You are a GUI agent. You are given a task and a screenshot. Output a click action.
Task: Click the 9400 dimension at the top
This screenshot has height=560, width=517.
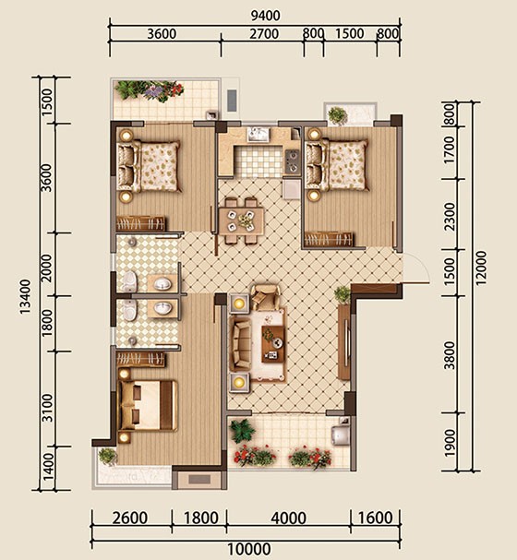(266, 16)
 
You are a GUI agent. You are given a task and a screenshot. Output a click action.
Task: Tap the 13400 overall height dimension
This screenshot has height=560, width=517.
(25, 297)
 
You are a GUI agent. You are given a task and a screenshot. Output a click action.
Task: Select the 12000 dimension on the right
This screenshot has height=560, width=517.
(481, 268)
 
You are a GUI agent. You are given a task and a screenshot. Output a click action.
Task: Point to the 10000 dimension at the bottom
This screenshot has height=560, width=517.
(249, 549)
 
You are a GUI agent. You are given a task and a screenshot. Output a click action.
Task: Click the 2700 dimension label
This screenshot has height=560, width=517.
(264, 34)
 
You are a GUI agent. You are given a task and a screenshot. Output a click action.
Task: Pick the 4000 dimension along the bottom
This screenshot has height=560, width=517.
(288, 518)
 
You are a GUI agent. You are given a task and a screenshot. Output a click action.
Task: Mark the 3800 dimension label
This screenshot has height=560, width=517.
(450, 355)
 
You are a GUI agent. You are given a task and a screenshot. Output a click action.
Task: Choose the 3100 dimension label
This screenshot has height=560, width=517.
(47, 408)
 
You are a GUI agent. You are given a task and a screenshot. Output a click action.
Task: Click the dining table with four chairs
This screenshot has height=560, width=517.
(241, 220)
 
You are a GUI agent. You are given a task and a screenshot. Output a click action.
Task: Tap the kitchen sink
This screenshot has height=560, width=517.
(259, 135)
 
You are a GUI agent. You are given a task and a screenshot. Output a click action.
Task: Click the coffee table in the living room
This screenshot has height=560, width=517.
(273, 344)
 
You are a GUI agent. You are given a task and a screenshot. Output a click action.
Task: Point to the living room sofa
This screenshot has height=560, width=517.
(240, 344)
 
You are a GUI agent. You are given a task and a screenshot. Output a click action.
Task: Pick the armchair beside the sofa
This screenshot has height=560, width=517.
(265, 296)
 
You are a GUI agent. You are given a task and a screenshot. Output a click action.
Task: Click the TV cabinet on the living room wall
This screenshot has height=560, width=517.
(343, 341)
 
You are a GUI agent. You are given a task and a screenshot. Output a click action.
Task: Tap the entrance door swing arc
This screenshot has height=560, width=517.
(422, 264)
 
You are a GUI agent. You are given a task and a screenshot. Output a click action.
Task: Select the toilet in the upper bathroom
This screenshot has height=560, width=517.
(129, 281)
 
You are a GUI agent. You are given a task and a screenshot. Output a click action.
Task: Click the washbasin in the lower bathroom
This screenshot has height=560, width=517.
(162, 308)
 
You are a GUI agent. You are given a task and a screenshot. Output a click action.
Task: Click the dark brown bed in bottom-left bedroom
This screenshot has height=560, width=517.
(148, 405)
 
